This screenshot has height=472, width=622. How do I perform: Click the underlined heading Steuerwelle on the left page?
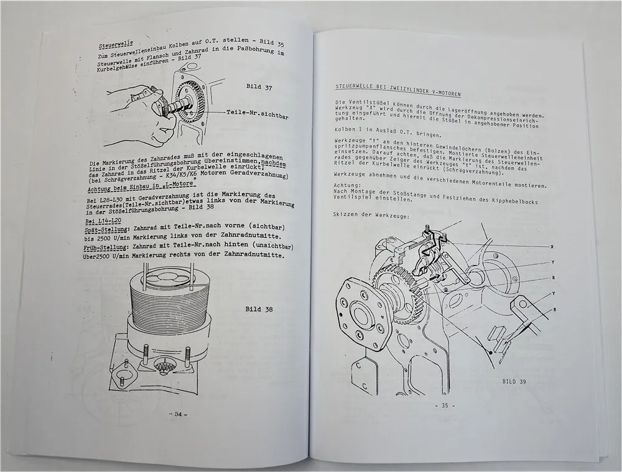point(116,45)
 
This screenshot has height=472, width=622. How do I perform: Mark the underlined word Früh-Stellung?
point(106,248)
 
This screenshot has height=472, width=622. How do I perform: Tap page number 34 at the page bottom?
point(179,414)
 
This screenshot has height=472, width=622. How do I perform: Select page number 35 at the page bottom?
point(445,405)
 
